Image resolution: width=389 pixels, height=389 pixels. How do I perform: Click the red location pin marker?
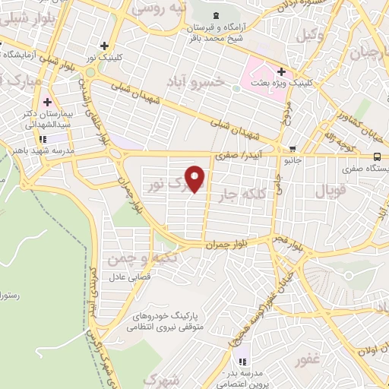coord(196,179)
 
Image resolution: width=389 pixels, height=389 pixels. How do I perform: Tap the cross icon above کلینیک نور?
coord(113,45)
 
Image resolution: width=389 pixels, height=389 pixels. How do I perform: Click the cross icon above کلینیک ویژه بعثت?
coord(281,71)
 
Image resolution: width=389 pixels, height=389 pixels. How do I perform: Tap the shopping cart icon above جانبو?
coord(293,148)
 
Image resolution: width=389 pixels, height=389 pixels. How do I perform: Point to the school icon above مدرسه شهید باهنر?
coord(42,138)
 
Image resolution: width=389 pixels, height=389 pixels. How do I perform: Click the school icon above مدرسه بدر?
coord(242,362)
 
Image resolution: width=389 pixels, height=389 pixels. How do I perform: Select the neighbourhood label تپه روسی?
coord(159,8)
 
